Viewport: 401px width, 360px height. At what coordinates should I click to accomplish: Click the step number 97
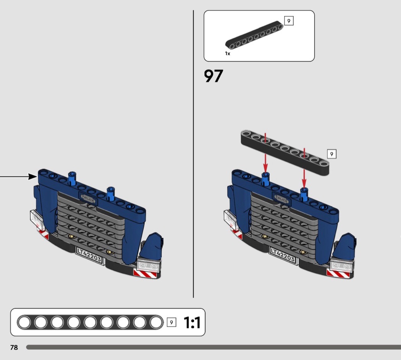point(213,76)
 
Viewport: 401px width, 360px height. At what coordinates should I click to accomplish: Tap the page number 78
point(14,347)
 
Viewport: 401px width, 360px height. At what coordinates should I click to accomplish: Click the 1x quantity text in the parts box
point(228,54)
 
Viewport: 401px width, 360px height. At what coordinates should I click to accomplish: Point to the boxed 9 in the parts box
point(289,21)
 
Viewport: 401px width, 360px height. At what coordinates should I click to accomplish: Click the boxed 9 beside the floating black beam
point(331,154)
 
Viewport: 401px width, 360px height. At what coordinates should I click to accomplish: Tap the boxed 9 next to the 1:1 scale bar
point(171,323)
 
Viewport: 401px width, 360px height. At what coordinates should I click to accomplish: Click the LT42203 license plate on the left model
point(89,255)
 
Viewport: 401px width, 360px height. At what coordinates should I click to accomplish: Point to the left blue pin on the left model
point(71,178)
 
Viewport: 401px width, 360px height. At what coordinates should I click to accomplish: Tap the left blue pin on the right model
point(265,179)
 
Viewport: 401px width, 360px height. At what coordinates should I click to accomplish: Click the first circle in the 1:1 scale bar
point(24,323)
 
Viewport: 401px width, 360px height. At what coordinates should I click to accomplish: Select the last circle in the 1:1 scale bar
point(156,323)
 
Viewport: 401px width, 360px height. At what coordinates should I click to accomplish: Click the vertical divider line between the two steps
point(193,153)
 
